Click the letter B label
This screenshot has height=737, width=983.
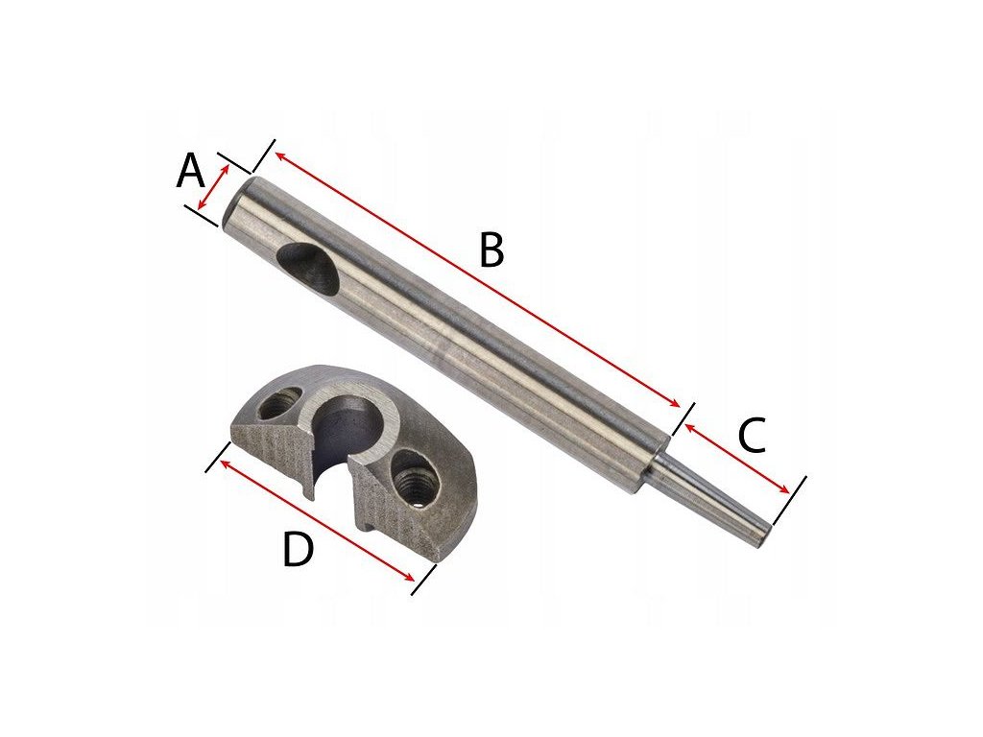pyautogui.click(x=491, y=250)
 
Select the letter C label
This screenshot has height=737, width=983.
pyautogui.click(x=753, y=435)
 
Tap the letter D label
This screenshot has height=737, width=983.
pyautogui.click(x=298, y=550)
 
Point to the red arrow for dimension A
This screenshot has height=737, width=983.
pyautogui.click(x=213, y=187)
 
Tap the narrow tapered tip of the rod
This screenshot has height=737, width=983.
pyautogui.click(x=713, y=502)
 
